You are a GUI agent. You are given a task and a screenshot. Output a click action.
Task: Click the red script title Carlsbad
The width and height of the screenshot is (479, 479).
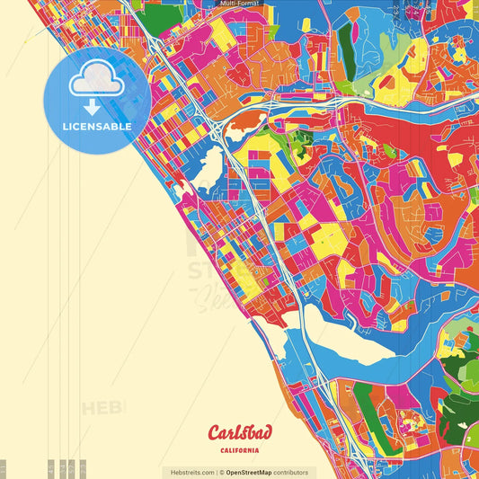tap(239, 431)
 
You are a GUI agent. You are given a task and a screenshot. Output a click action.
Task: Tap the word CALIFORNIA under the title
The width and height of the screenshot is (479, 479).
tap(239, 449)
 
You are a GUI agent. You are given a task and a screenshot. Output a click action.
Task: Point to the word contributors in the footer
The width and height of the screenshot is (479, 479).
tap(292, 472)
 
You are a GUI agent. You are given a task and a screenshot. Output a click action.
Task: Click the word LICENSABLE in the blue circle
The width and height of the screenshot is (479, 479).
tap(97, 127)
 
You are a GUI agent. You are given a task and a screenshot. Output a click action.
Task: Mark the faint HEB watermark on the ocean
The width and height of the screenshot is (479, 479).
tap(103, 409)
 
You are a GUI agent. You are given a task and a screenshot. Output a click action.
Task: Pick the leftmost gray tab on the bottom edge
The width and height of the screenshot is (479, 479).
tap(4, 469)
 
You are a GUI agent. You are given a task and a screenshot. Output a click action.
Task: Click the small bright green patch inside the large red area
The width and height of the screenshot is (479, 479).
tap(302, 138)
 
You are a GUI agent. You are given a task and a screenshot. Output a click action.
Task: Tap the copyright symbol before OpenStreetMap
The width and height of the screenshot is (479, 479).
tap(221, 472)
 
